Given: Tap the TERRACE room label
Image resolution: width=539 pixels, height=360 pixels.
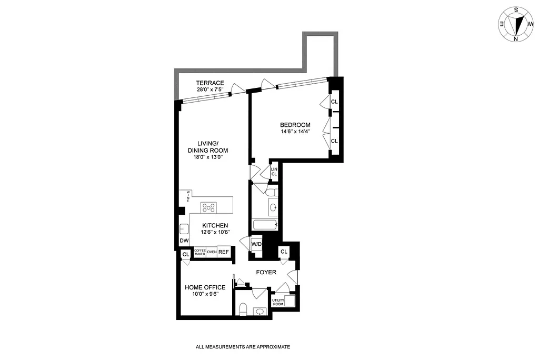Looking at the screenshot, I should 210,83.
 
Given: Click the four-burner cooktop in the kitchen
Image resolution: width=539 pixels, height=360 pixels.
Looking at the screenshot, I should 209,207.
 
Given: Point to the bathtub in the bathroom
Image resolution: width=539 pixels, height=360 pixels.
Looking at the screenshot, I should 264,225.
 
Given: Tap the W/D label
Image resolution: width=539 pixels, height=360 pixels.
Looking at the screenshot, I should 256,244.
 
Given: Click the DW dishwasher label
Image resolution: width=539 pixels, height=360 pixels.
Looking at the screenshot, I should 184,241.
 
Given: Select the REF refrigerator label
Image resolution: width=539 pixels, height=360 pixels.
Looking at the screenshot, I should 224,252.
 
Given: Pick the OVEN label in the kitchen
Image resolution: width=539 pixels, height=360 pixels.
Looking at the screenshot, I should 212,252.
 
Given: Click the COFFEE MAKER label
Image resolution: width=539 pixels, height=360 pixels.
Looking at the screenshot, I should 199,252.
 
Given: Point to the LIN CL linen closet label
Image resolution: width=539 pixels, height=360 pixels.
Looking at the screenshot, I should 274,171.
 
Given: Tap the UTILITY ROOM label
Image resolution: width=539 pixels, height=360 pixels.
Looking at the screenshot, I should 277,302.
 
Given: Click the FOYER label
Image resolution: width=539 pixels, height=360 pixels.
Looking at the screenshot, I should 266,272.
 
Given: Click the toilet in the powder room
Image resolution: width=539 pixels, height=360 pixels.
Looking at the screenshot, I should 243,309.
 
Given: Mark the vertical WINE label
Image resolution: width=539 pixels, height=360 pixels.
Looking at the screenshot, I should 188,197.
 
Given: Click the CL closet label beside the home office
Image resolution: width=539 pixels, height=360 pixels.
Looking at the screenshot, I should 185,255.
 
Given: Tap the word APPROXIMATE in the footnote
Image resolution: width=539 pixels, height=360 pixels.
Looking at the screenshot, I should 272,347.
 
